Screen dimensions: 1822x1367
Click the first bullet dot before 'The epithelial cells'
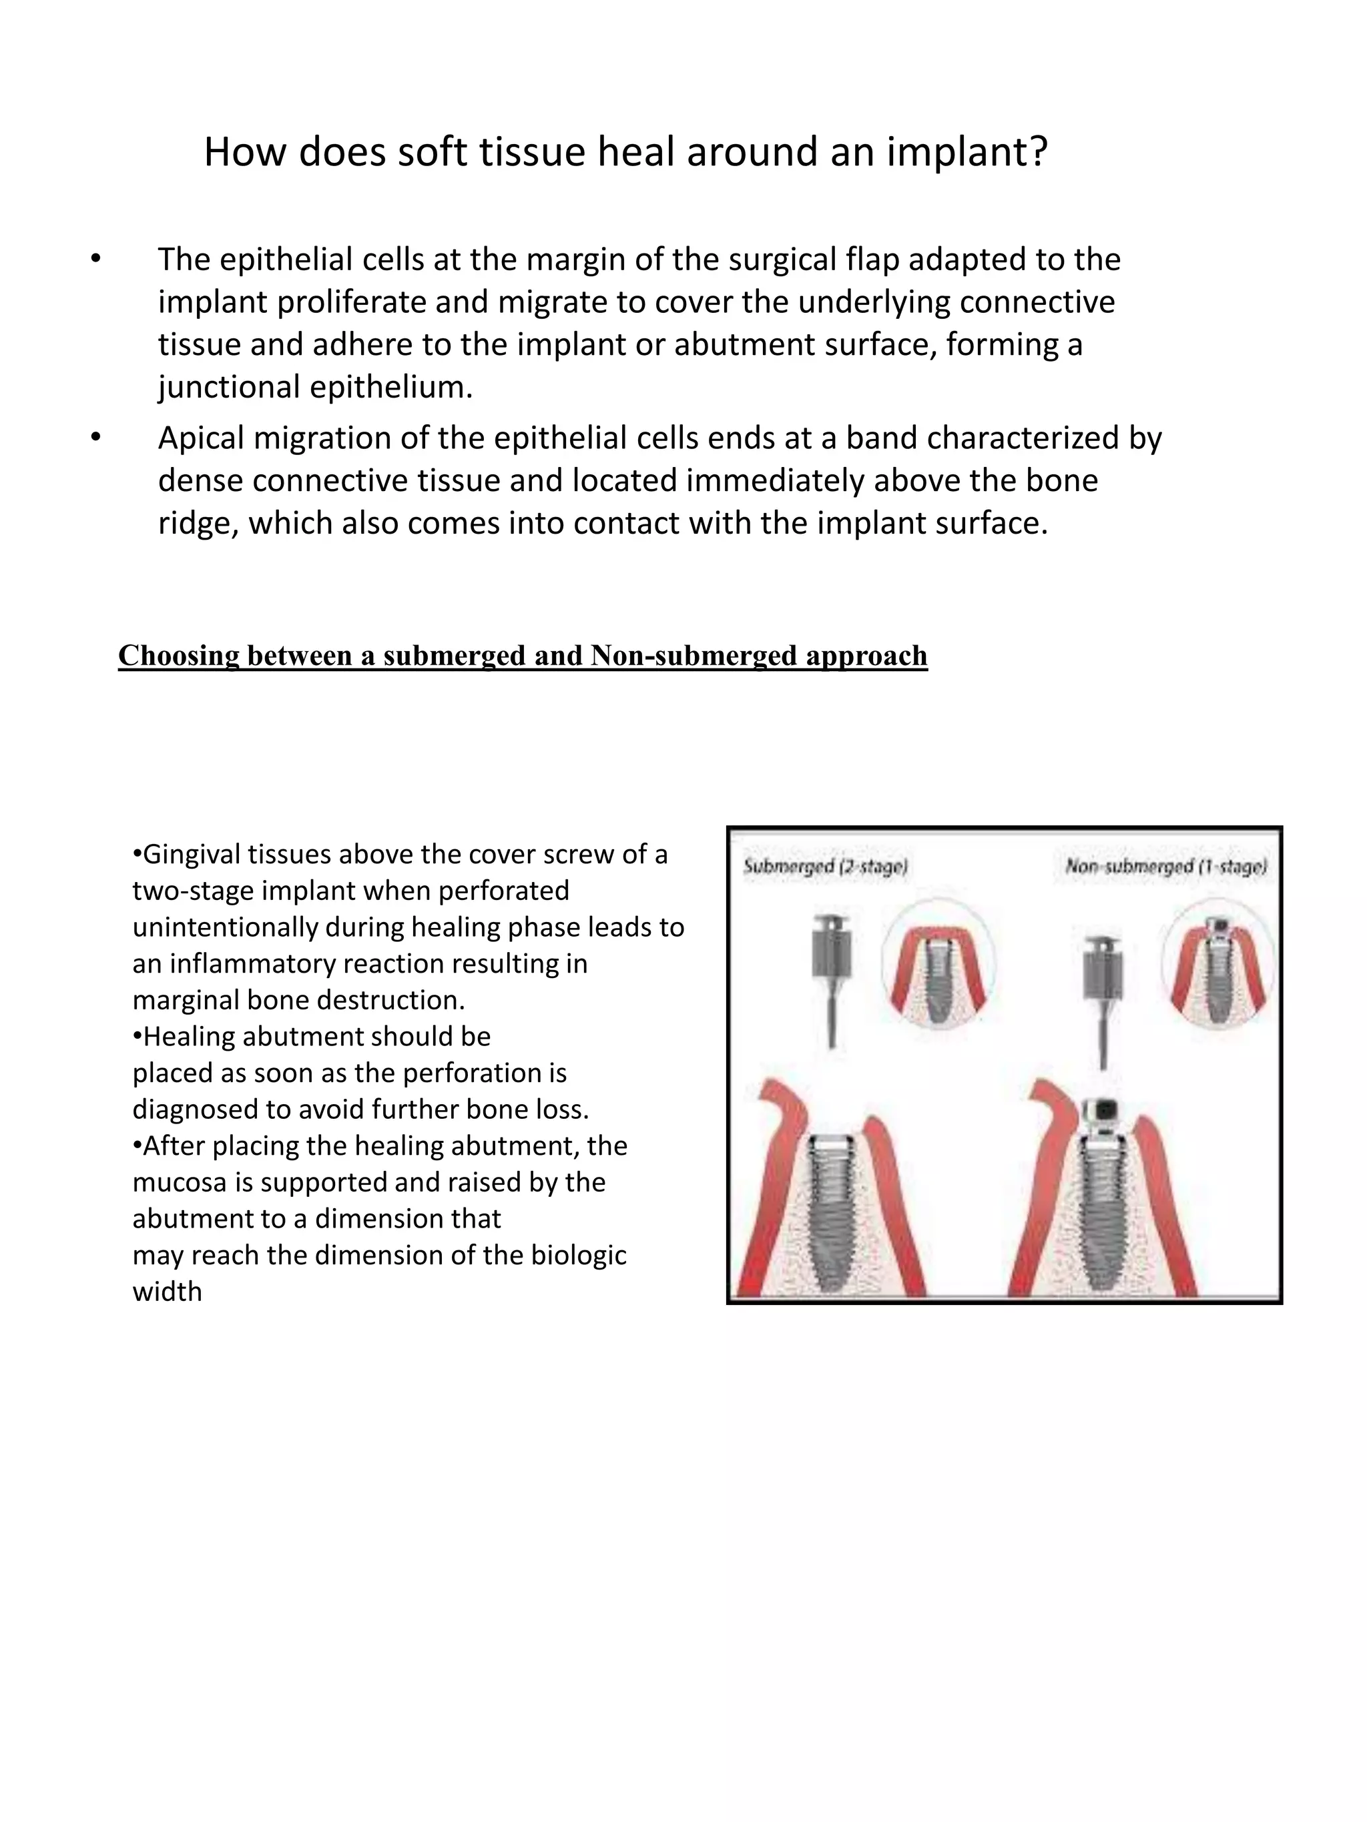[96, 260]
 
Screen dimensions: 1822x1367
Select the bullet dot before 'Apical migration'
[96, 438]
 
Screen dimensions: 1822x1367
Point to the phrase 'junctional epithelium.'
[316, 387]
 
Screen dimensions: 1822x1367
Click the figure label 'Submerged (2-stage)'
[826, 867]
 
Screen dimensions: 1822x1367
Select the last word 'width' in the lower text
[168, 1292]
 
